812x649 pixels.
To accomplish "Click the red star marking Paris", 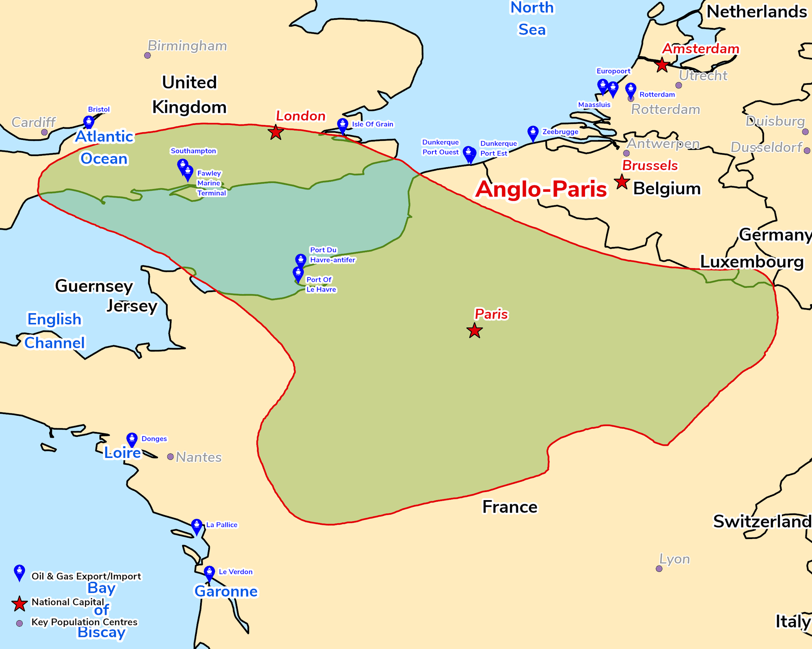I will tap(474, 331).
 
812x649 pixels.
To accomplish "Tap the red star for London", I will tap(276, 132).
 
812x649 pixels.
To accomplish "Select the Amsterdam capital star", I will tap(662, 64).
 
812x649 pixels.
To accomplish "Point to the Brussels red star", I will tap(622, 182).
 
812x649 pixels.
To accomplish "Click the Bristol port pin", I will tap(89, 122).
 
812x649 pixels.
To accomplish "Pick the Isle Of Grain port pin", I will tap(343, 125).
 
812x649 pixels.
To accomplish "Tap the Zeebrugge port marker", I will tap(533, 133).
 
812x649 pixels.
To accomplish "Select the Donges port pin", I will tap(132, 439).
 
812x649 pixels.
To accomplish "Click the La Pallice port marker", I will tap(197, 526).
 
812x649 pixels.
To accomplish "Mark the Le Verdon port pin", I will tap(209, 573).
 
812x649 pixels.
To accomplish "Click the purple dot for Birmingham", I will tap(147, 55).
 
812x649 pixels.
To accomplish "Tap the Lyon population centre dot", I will tap(659, 569).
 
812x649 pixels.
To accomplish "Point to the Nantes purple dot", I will tap(171, 457).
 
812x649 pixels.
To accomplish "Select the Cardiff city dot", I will tap(45, 132).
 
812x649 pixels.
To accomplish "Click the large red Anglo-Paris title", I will tap(541, 189).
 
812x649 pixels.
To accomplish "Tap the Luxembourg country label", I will tap(752, 262).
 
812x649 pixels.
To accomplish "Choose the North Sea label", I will tap(532, 19).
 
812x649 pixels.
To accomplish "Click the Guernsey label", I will tap(94, 286).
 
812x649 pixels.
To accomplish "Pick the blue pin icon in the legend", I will tap(19, 572).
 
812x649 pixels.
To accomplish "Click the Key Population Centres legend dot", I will tap(19, 623).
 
